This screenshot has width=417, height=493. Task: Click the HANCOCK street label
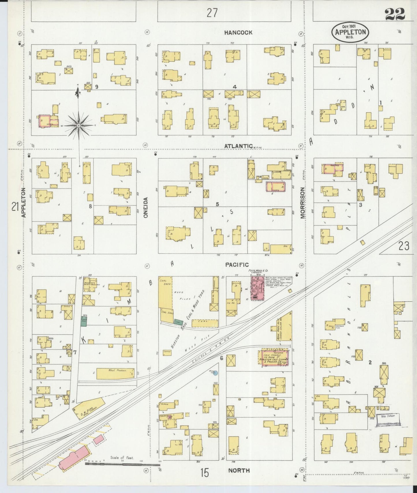238,33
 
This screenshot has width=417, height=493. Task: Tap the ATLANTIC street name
238,146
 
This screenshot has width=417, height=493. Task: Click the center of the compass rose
78,126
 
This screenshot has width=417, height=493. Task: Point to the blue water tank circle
216,372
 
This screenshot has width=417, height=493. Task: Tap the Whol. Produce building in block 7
115,373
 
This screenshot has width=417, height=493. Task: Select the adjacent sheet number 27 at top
212,13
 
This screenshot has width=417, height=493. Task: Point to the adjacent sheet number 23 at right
404,246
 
